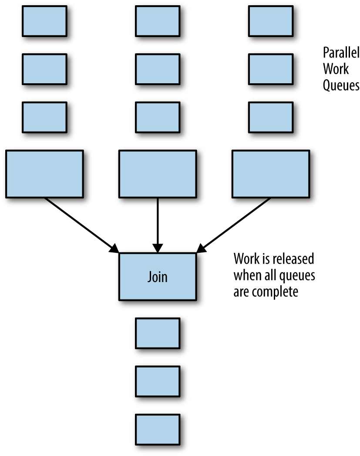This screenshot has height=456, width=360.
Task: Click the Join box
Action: click(x=158, y=276)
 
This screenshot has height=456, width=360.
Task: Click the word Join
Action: click(x=157, y=277)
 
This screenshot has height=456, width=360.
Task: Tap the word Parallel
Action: click(x=341, y=53)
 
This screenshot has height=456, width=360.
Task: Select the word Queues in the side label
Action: click(x=341, y=85)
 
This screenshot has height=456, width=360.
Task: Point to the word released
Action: click(x=293, y=259)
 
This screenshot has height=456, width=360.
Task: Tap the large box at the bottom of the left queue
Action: click(x=45, y=174)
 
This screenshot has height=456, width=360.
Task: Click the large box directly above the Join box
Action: click(x=158, y=174)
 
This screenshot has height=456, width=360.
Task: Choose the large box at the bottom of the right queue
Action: click(x=271, y=174)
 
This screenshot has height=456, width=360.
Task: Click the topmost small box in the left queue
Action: click(x=45, y=21)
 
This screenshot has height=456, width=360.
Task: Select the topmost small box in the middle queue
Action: click(x=158, y=21)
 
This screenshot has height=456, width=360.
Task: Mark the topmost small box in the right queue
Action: click(x=271, y=21)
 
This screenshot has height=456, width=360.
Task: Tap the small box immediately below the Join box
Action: click(x=158, y=333)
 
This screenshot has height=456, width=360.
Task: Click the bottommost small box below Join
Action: click(x=158, y=429)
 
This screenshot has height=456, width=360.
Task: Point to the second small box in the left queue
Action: click(x=45, y=69)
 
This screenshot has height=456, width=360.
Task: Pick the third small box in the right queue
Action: click(x=271, y=118)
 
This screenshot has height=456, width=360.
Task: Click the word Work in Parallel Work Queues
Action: click(x=336, y=69)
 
